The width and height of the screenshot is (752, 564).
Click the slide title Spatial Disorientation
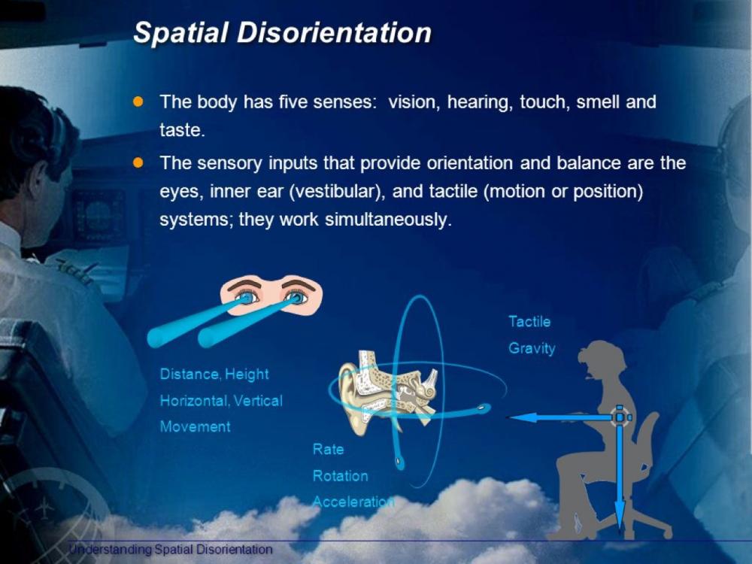click(x=282, y=33)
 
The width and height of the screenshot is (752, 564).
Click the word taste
click(x=180, y=130)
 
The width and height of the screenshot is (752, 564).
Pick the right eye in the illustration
click(x=298, y=297)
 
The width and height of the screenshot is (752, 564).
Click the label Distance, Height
click(x=214, y=374)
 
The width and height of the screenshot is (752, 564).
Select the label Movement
click(x=195, y=426)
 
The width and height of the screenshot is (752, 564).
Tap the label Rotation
click(x=341, y=476)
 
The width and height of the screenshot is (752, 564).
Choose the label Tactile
click(x=529, y=322)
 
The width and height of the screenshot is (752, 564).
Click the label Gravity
click(x=532, y=349)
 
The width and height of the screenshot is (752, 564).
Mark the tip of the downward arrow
click(x=620, y=526)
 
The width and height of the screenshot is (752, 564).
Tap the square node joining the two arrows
click(x=620, y=417)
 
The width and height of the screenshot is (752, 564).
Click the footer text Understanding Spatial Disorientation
click(x=171, y=550)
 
